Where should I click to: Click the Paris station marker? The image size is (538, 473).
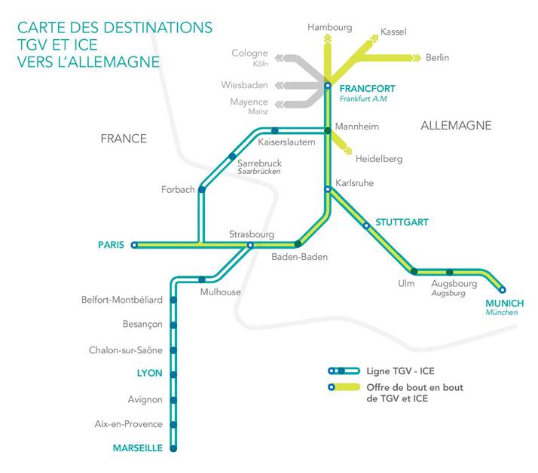[x=134, y=245]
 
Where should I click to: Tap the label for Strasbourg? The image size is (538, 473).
[x=252, y=234]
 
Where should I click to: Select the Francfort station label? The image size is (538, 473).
[x=368, y=88]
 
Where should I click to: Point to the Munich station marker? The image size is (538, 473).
[x=503, y=289]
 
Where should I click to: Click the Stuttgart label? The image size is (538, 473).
[x=402, y=222]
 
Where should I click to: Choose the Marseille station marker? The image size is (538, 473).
[x=173, y=448]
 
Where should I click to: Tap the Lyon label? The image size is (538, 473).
[x=149, y=373]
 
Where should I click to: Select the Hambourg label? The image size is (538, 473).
[x=329, y=28]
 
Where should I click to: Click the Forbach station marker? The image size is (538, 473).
[x=201, y=189]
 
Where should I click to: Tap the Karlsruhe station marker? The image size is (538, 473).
[x=328, y=189]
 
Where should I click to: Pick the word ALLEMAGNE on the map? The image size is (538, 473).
[x=456, y=126]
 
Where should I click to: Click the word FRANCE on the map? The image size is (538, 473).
[x=124, y=139]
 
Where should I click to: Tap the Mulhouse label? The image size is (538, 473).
[x=220, y=291]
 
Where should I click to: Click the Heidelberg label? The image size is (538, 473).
[x=379, y=159]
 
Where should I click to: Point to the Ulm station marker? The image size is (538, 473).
[x=414, y=271]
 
